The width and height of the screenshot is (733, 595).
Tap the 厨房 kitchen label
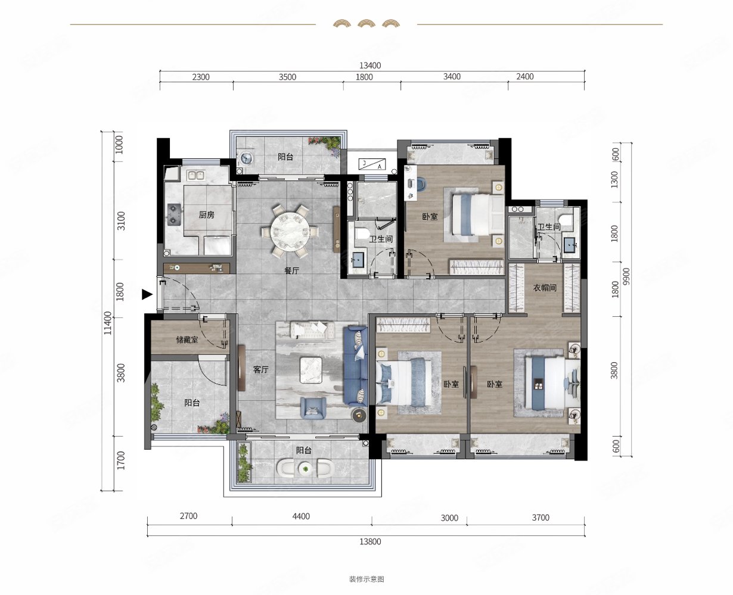coord(206,215)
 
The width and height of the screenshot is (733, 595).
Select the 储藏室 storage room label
coord(187,340)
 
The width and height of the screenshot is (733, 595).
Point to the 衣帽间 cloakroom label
coord(545,288)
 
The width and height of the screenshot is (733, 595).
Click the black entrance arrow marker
coord(147,294)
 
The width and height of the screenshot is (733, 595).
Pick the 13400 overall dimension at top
coord(370,66)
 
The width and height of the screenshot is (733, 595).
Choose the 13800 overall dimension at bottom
coord(370,541)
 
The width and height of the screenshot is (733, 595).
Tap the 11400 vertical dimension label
coord(108,323)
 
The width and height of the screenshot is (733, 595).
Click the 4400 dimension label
coord(301,516)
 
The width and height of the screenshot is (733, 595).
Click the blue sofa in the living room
coord(356,366)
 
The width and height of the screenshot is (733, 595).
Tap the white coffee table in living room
coord(311,370)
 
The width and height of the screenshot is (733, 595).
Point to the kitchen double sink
coord(196,176)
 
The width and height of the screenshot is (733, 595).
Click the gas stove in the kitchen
coord(174,214)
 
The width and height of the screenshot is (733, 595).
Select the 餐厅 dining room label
coord(291,270)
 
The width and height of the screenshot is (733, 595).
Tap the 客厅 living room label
coord(261,369)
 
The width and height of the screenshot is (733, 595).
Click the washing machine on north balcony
coord(247,158)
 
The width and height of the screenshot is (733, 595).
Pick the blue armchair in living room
coord(313,409)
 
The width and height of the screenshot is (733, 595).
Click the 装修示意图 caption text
coord(366,579)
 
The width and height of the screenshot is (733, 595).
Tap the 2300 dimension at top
coord(201,77)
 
